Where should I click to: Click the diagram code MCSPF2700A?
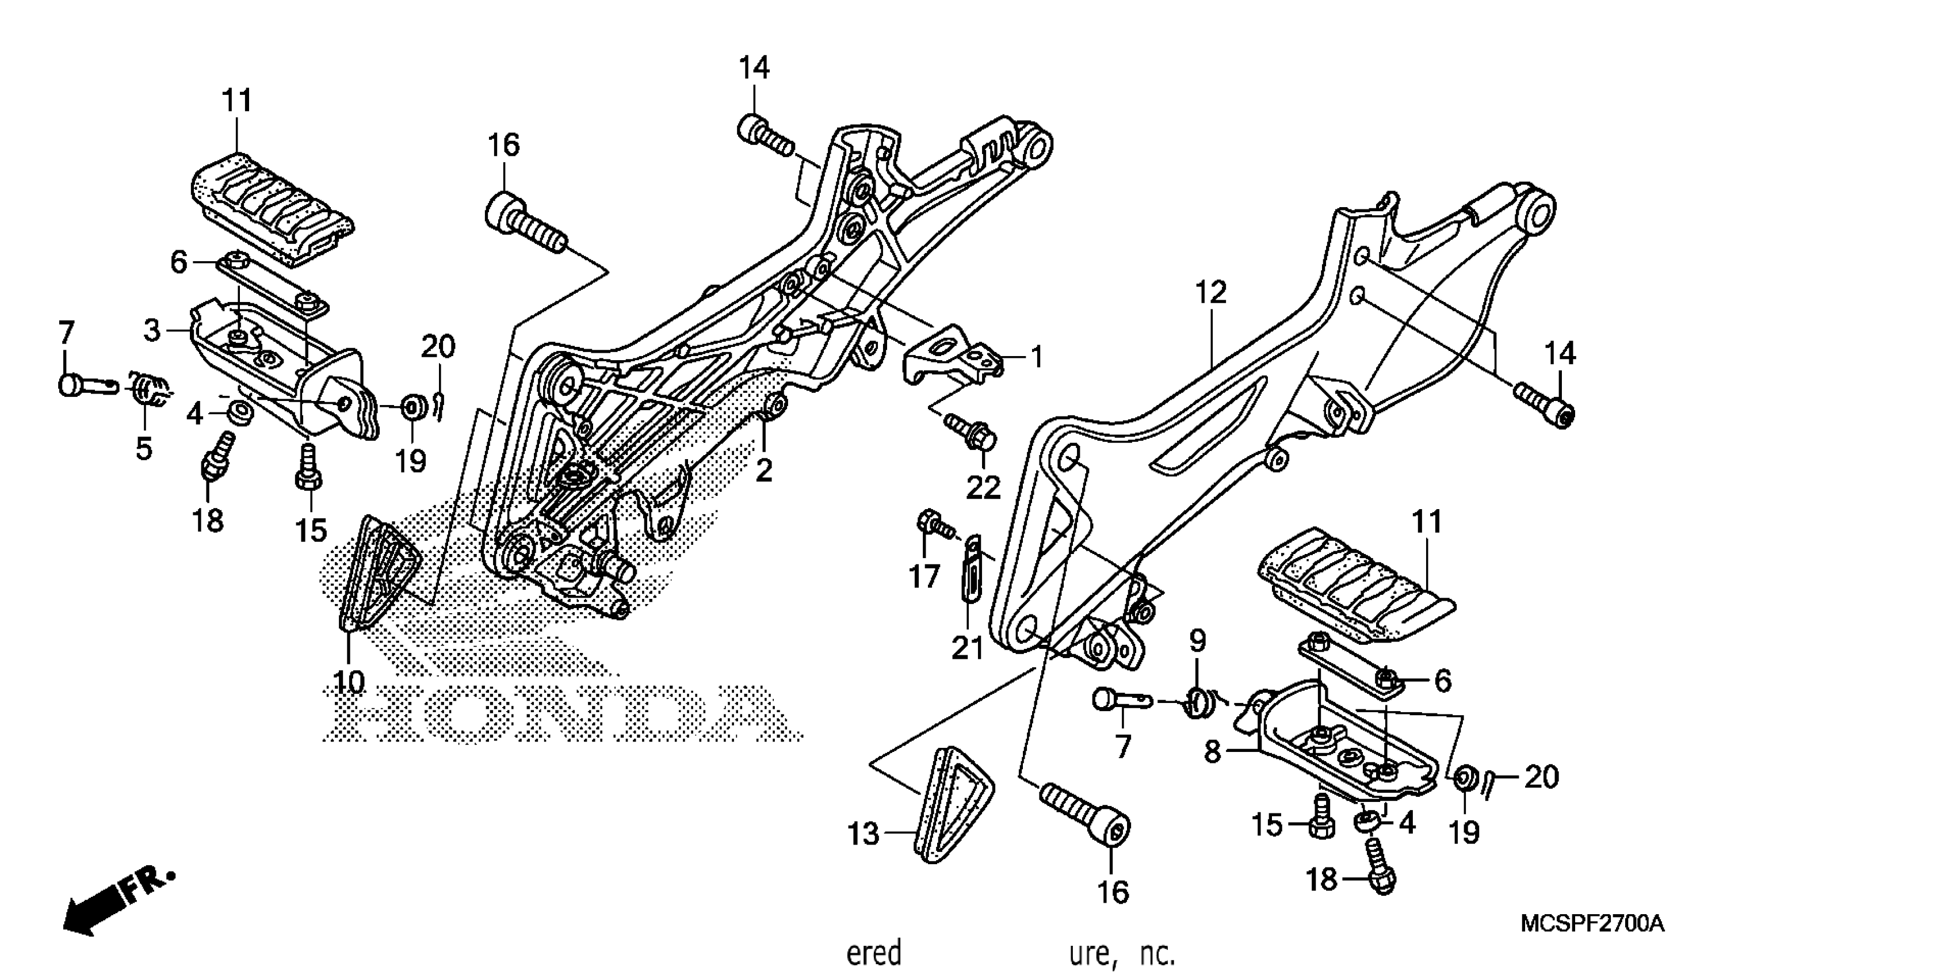tap(1592, 924)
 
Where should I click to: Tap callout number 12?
tap(1210, 292)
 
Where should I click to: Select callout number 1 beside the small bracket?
tap(1036, 356)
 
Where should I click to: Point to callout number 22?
tap(983, 488)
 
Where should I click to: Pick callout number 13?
tap(864, 835)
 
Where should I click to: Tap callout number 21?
tap(967, 648)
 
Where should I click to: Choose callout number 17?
tap(924, 577)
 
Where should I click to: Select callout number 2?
tap(763, 471)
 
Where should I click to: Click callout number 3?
tap(152, 330)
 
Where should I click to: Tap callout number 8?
tap(1212, 752)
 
